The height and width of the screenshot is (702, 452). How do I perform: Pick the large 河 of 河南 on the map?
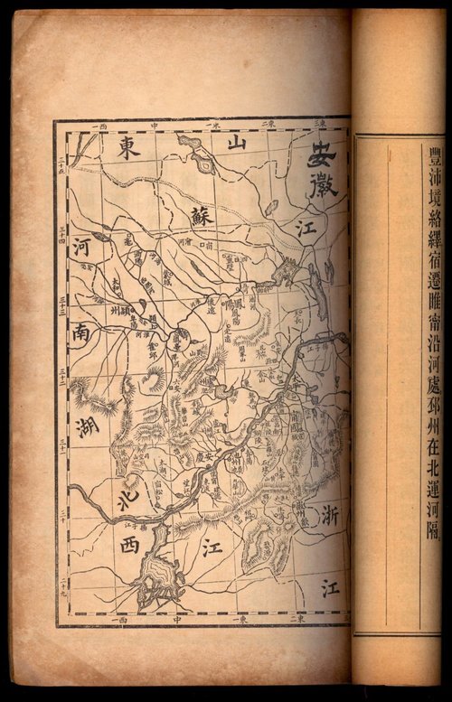point(82,248)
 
